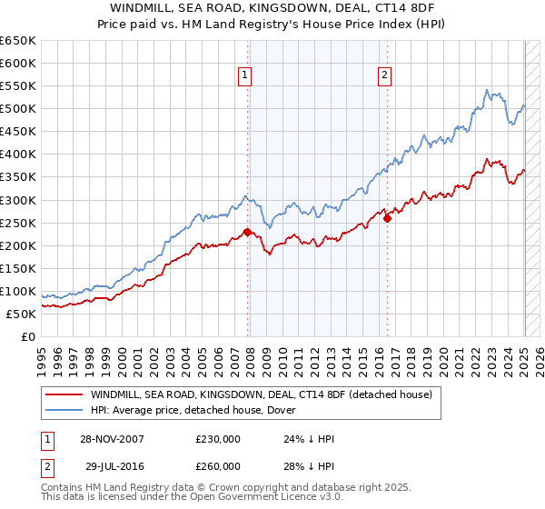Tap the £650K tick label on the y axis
pyautogui.click(x=17, y=41)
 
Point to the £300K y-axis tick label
pyautogui.click(x=17, y=200)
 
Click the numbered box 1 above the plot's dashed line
pyautogui.click(x=245, y=75)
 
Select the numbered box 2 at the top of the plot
pyautogui.click(x=385, y=75)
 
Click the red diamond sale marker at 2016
pyautogui.click(x=387, y=218)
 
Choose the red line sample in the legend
pyautogui.click(x=64, y=394)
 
